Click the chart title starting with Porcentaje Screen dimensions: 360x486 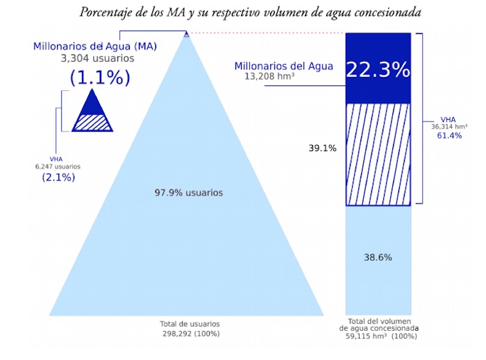250,12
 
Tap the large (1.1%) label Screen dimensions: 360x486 99,78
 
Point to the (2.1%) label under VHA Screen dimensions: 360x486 58,178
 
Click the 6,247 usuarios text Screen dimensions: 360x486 58,166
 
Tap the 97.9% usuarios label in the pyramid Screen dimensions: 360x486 189,192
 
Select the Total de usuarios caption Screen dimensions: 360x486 190,324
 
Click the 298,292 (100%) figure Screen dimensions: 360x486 190,334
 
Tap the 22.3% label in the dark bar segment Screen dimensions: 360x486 378,69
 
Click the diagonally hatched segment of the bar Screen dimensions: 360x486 378,154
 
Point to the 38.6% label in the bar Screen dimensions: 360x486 378,257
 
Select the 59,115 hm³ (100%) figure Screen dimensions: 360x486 383,336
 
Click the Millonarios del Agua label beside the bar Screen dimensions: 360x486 283,67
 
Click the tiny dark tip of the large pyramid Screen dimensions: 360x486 185,33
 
